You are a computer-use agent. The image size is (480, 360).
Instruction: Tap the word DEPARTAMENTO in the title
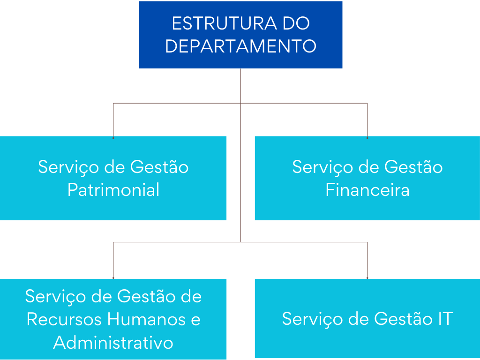pos(240,46)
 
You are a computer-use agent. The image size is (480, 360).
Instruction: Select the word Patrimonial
pos(113,190)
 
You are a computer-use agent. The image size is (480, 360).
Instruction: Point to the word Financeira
pos(367,190)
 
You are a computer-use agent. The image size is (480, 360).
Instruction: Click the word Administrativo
pos(113,342)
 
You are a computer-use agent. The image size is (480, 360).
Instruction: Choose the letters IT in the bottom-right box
pos(443,319)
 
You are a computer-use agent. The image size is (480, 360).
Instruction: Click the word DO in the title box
pos(296,23)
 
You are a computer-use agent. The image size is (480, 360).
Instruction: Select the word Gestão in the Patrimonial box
pos(159,167)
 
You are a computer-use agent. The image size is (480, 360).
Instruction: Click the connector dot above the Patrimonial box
pos(113,138)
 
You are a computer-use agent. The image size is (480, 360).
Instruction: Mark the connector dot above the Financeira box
pos(367,138)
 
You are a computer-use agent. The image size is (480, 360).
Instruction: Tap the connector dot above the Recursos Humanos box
pos(113,278)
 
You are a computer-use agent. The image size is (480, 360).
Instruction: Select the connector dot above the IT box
pos(367,278)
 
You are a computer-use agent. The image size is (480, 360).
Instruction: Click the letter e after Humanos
pos(195,320)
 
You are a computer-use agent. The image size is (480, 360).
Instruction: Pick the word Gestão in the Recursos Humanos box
pos(146,296)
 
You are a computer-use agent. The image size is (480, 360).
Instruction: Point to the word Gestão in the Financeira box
pos(413,167)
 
